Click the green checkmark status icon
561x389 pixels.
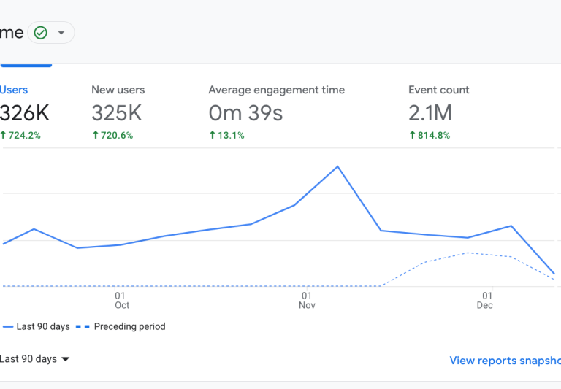point(41,33)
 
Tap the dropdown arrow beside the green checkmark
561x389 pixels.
point(61,33)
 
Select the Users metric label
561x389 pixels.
point(14,90)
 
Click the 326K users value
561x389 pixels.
point(25,113)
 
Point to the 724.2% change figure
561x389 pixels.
point(20,135)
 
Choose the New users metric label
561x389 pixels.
point(118,90)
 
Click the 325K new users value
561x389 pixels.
point(117,113)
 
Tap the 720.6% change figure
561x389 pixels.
point(112,135)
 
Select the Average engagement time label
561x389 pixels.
point(276,90)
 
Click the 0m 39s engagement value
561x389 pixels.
point(245,113)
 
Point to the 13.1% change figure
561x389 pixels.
point(226,135)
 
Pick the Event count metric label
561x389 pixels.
point(438,90)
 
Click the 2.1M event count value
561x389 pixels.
point(430,113)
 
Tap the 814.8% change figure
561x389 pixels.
point(430,135)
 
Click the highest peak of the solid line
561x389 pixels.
point(337,166)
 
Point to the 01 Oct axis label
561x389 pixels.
point(122,300)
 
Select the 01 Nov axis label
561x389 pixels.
point(307,300)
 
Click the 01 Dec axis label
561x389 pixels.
point(485,300)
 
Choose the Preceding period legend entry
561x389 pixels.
point(121,326)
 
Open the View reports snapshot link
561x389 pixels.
point(505,360)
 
